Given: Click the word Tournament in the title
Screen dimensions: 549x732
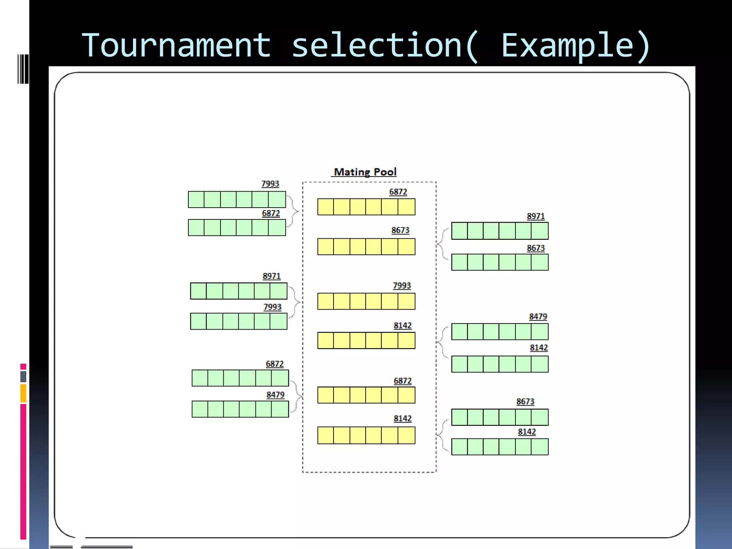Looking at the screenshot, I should tap(176, 46).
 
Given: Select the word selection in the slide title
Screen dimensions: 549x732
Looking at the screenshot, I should tap(377, 46).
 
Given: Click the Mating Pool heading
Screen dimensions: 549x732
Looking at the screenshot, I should tap(365, 172).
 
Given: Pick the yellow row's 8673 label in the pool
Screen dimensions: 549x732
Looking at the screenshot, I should tap(400, 231).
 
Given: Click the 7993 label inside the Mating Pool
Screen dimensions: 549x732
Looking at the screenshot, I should tap(402, 286).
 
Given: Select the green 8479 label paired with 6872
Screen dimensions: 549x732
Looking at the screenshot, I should tap(275, 395).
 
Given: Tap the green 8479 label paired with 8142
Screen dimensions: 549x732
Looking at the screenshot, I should tap(538, 317).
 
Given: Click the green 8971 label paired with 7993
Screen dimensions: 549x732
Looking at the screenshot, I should tap(272, 276).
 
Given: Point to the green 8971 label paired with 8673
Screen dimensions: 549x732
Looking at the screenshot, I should tap(535, 217).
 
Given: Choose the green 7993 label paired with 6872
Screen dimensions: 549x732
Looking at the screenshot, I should tap(270, 184).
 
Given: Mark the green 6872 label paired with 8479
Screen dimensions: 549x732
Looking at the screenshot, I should tap(274, 364).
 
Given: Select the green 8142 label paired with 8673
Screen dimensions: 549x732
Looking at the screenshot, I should tap(526, 432).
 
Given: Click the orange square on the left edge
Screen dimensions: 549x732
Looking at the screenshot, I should tap(23, 393).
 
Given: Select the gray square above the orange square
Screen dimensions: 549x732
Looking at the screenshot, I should tap(23, 376).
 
